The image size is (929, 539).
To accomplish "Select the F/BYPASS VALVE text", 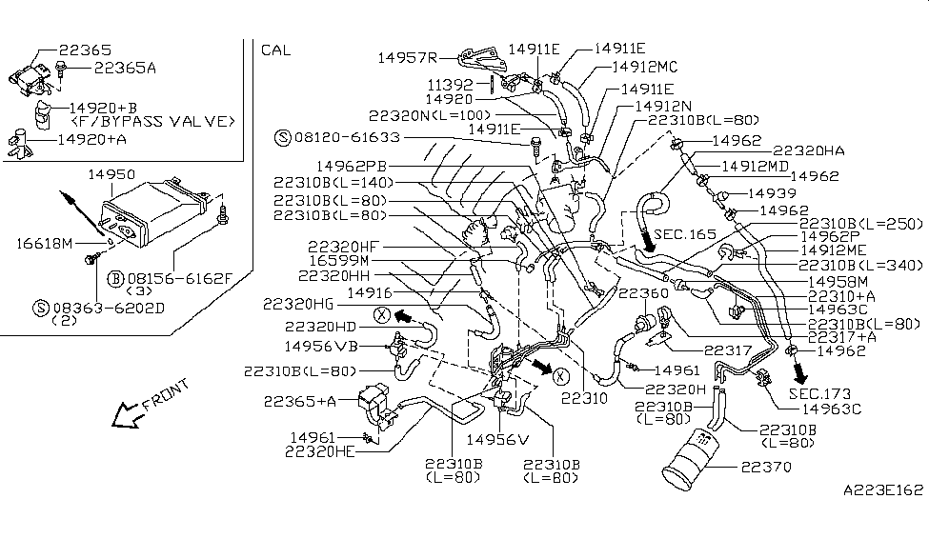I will click(x=152, y=122).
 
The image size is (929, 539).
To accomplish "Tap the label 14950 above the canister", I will click(x=111, y=175).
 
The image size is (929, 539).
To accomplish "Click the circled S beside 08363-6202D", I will click(x=40, y=307).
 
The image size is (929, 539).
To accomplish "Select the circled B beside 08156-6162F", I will click(x=114, y=278).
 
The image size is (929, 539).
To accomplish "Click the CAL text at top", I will click(x=275, y=50).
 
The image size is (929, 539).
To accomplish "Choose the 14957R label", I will click(x=409, y=55).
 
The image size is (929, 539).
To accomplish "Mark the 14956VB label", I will click(x=320, y=346).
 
